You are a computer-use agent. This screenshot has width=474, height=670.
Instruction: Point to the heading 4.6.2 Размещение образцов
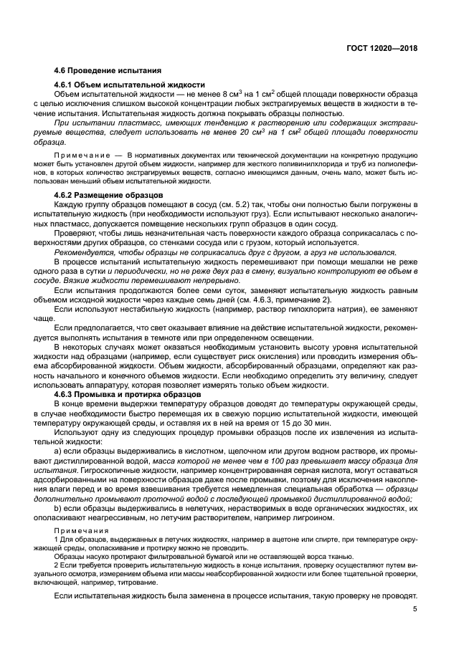tap(110, 195)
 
